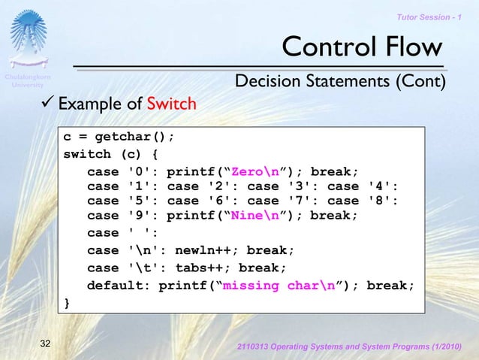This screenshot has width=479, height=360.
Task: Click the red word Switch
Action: (x=172, y=104)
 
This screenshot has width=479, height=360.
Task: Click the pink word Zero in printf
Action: (x=248, y=170)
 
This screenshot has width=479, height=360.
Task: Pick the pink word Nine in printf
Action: (x=248, y=216)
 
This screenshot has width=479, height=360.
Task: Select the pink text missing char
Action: (x=272, y=286)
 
